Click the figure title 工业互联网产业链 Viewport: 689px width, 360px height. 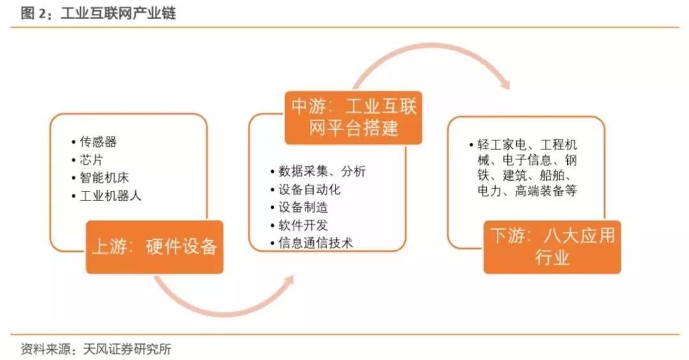(118, 13)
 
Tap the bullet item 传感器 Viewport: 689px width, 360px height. (98, 142)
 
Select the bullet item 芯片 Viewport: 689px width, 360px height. (92, 160)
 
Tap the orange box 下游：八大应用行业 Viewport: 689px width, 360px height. (552, 246)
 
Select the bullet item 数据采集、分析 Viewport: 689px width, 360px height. (322, 172)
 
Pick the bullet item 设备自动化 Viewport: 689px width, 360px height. (310, 190)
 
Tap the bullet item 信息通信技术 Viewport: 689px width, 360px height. (316, 243)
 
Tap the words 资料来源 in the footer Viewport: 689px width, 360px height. (43, 349)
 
